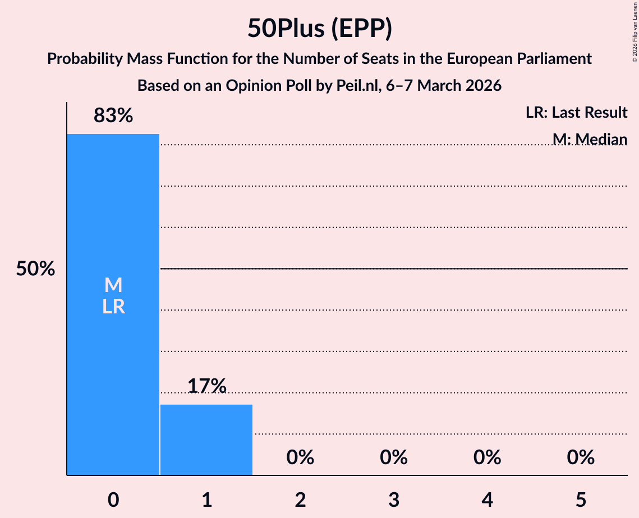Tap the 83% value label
pos(113,116)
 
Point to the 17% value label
pos(206,386)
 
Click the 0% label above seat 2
pos(300,457)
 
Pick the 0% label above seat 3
pos(393,457)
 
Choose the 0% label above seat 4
pos(487,457)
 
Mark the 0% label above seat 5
pos(580,457)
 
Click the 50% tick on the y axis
pos(35,269)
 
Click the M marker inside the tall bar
pos(113,285)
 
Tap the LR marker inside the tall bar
pos(113,307)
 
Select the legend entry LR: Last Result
pos(576,113)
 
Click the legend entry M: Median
pos(589,139)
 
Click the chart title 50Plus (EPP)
pos(319,29)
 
